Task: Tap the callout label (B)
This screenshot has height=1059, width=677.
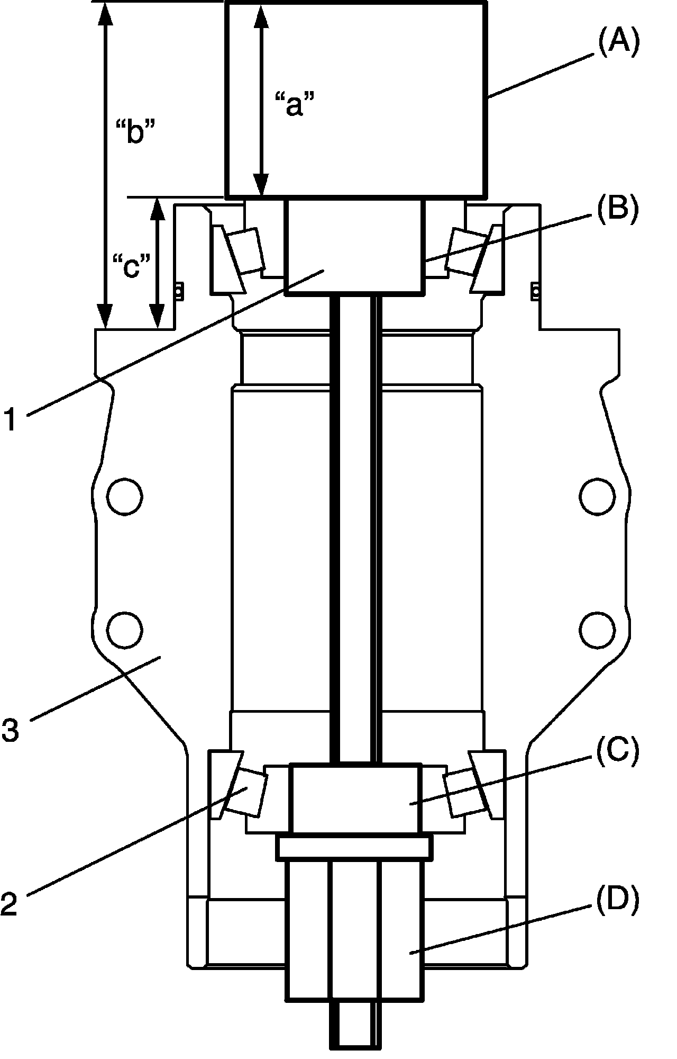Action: click(x=618, y=208)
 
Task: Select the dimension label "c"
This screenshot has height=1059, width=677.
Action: click(x=133, y=265)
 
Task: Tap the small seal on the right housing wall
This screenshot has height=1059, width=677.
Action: click(x=535, y=291)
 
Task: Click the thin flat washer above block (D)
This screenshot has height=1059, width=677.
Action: click(x=354, y=848)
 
